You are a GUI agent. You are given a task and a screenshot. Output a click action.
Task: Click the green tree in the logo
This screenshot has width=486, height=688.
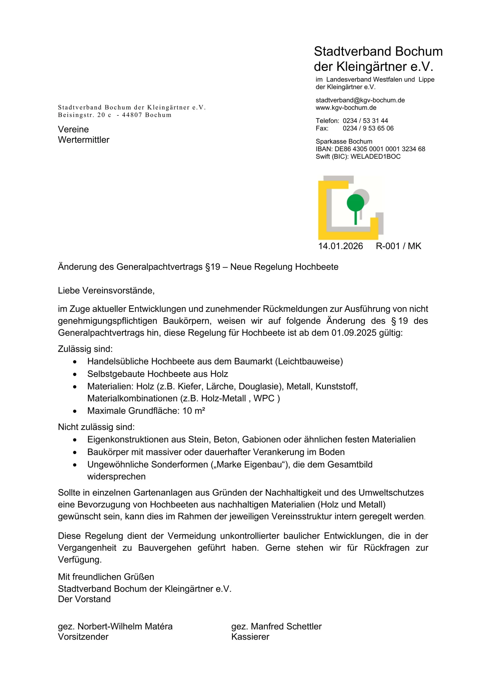click(355, 203)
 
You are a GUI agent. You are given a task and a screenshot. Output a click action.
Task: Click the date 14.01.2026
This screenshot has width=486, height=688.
click(340, 246)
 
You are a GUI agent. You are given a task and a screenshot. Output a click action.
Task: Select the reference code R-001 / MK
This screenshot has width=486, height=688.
click(398, 246)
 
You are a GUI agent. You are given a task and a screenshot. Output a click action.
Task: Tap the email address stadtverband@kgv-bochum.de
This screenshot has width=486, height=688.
click(360, 100)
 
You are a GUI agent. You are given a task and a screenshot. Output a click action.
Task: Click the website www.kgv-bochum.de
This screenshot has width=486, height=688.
click(346, 108)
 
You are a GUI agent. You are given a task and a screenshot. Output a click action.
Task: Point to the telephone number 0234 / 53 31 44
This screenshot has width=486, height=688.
click(365, 121)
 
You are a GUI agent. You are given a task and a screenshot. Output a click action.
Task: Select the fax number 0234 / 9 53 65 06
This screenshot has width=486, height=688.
click(368, 128)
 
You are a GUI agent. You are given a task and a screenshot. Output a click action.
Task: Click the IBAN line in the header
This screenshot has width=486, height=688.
click(370, 149)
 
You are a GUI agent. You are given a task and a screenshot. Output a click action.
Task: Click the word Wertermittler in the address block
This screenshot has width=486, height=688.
click(83, 140)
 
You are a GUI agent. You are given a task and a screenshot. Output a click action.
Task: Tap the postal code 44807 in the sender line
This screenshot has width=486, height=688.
click(132, 115)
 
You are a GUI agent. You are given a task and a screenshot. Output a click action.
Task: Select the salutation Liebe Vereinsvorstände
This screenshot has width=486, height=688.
click(106, 291)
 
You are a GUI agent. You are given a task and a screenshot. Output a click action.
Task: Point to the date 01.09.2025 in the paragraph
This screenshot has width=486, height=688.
click(354, 333)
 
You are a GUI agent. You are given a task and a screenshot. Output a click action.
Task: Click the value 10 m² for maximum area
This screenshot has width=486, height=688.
click(194, 411)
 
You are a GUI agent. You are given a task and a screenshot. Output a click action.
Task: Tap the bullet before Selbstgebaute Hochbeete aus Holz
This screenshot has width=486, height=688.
click(74, 374)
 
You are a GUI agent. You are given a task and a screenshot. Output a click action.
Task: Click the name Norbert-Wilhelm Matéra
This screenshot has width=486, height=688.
click(125, 626)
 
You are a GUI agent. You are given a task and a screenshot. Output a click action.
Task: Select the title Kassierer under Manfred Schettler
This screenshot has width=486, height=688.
click(250, 637)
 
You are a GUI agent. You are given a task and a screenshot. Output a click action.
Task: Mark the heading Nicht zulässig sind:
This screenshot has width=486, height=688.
click(96, 427)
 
